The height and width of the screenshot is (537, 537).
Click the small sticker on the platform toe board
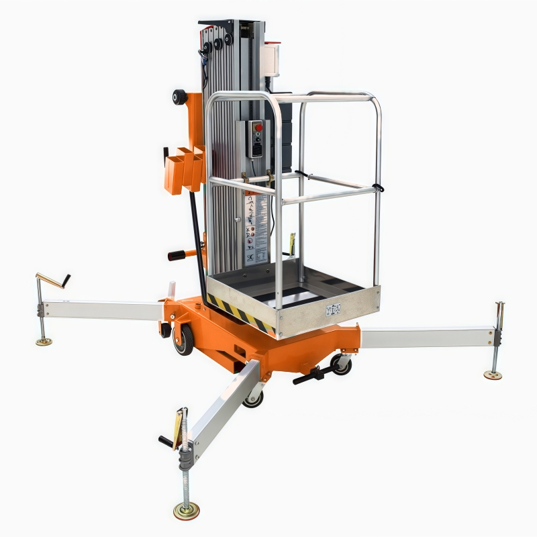tap(333, 309)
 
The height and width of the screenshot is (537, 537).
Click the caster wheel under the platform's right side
tap(340, 364)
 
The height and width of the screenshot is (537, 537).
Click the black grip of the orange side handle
tap(176, 254)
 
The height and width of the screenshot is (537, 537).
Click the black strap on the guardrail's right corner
tap(377, 187)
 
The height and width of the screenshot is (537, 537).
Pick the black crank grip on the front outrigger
tap(165, 440)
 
